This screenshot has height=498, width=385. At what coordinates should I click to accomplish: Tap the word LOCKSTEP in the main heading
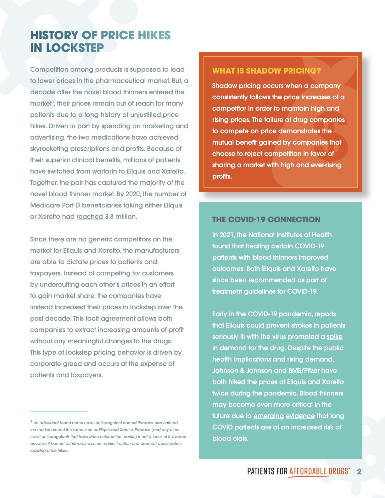75,48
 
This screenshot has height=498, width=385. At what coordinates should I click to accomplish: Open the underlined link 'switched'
61,171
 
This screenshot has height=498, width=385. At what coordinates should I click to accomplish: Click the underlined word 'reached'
90,217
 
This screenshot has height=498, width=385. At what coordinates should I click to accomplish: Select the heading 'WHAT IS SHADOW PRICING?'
266,71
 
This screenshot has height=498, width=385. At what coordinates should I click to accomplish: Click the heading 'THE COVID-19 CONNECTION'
266,219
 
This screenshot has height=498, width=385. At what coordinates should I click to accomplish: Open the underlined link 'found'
221,246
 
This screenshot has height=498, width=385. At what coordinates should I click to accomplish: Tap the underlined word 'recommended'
272,280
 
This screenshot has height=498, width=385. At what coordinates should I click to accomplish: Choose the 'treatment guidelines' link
244,291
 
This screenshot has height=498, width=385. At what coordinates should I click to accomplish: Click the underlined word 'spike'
334,337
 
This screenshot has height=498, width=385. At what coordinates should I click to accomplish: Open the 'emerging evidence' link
284,416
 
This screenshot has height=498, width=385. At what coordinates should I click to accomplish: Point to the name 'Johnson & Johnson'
241,371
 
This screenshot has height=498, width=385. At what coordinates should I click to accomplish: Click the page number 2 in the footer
359,472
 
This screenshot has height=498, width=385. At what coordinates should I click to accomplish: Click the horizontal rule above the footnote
59,412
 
